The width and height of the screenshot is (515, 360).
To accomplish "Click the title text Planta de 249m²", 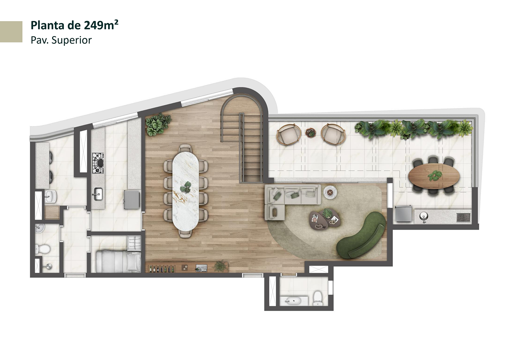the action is pyautogui.click(x=75, y=25).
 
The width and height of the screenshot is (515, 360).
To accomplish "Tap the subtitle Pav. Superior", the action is pyautogui.click(x=61, y=40).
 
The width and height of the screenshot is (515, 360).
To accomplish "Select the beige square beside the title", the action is pyautogui.click(x=11, y=32).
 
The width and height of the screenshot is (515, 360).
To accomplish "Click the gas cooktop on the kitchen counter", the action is pyautogui.click(x=98, y=163).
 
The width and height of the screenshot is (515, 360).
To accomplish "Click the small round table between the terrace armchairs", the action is pyautogui.click(x=310, y=132).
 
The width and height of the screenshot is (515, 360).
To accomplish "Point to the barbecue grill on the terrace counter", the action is pyautogui.click(x=463, y=218).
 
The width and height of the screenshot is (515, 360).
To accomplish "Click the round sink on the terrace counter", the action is pyautogui.click(x=424, y=216).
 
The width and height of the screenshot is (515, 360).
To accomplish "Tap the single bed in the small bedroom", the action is pyautogui.click(x=118, y=262).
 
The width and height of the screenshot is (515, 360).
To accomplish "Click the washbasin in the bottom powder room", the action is pyautogui.click(x=292, y=301).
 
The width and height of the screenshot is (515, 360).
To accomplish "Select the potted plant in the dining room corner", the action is pyautogui.click(x=158, y=124).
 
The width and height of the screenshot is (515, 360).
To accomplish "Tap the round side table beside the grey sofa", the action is pyautogui.click(x=330, y=192).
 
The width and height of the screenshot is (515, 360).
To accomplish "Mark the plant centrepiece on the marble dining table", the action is pyautogui.click(x=186, y=187).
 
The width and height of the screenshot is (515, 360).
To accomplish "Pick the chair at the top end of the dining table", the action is pyautogui.click(x=185, y=148).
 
